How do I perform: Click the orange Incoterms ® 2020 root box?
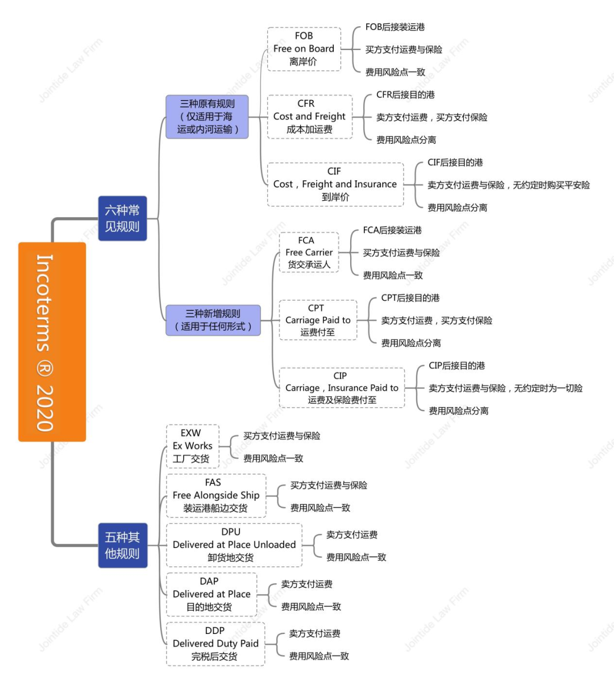tap(52, 342)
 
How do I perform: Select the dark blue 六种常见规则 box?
tap(122, 218)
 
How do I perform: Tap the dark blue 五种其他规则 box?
tap(122, 545)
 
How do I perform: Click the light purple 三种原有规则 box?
tap(207, 117)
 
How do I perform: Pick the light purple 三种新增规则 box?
tap(213, 320)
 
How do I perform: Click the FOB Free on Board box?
tap(304, 49)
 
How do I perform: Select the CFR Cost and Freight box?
tap(309, 117)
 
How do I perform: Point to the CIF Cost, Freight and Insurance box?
tap(335, 184)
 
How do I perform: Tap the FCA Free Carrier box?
tap(309, 252)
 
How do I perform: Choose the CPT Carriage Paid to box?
tap(318, 320)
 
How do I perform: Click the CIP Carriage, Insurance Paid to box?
tap(342, 388)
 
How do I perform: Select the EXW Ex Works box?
tap(192, 446)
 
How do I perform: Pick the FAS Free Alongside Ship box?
tap(215, 496)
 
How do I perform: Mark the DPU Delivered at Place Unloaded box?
tap(234, 545)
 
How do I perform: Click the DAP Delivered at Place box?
tap(211, 595)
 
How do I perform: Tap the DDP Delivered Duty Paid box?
tap(215, 644)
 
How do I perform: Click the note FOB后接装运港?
tap(395, 27)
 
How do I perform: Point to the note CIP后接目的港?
tap(457, 366)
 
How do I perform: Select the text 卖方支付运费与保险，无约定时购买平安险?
tap(508, 185)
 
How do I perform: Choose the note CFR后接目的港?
tap(405, 95)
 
